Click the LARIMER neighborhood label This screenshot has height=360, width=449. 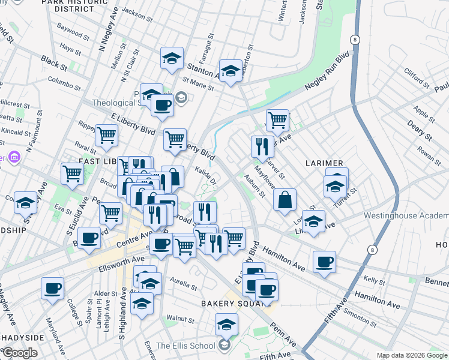(x=324, y=163)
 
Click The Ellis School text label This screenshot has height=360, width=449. (x=185, y=346)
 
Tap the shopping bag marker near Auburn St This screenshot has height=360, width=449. (x=285, y=200)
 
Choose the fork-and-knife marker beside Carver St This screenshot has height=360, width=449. (x=262, y=146)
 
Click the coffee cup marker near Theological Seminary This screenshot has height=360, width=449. (x=161, y=106)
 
